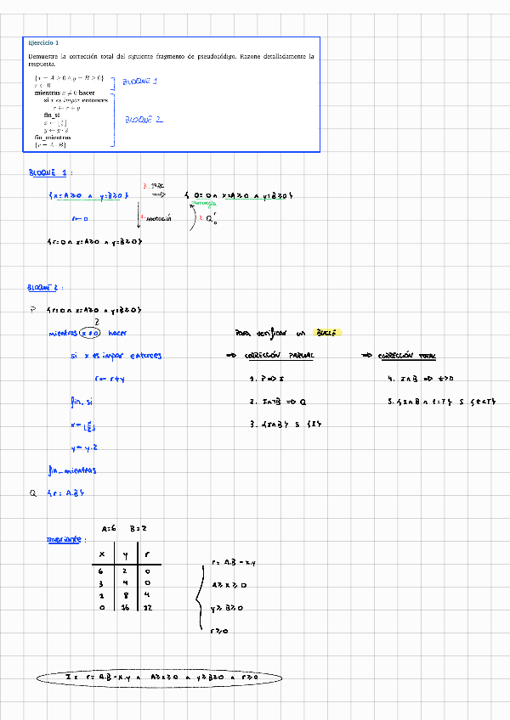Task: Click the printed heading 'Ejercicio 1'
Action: click(x=43, y=42)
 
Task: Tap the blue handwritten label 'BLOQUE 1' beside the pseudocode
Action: click(x=140, y=82)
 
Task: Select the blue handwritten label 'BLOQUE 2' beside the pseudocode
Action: click(x=144, y=121)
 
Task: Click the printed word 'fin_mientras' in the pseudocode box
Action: click(x=53, y=137)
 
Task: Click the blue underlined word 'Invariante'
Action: click(x=65, y=539)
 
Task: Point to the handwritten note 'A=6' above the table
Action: click(x=108, y=528)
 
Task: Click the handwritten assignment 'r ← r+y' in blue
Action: click(x=110, y=379)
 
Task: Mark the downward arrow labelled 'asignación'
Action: click(x=139, y=218)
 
